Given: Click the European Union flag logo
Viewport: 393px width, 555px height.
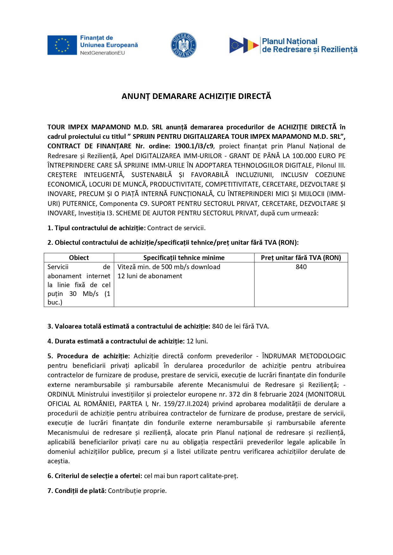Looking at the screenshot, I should [x=62, y=45].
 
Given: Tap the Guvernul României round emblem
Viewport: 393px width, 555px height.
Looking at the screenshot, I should [x=183, y=45].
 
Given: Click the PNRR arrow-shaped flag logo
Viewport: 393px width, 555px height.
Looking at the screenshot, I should [x=244, y=45].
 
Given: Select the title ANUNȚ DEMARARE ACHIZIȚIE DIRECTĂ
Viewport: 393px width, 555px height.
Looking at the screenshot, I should [x=196, y=96].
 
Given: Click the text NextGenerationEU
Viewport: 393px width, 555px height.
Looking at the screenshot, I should [x=102, y=53].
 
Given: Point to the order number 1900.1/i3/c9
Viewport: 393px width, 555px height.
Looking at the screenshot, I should [x=194, y=146].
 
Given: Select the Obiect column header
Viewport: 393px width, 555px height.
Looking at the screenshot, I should [x=79, y=258].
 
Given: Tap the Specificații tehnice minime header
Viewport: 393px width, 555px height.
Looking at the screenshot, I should [x=184, y=258].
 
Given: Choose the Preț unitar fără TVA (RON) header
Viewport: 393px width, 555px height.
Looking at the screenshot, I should [x=301, y=258].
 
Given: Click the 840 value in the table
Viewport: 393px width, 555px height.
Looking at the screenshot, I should [x=301, y=267].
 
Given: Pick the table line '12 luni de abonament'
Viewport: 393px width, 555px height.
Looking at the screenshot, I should [x=150, y=276].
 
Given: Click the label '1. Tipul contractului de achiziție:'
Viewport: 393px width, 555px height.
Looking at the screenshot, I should [x=96, y=228].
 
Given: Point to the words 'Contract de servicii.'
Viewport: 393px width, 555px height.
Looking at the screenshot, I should [x=176, y=228].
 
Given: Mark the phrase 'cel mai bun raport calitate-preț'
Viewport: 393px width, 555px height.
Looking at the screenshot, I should [x=191, y=476].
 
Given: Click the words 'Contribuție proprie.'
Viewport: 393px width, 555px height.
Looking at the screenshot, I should [x=137, y=491].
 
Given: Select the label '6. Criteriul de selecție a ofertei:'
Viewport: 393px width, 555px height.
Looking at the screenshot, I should [x=95, y=476].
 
